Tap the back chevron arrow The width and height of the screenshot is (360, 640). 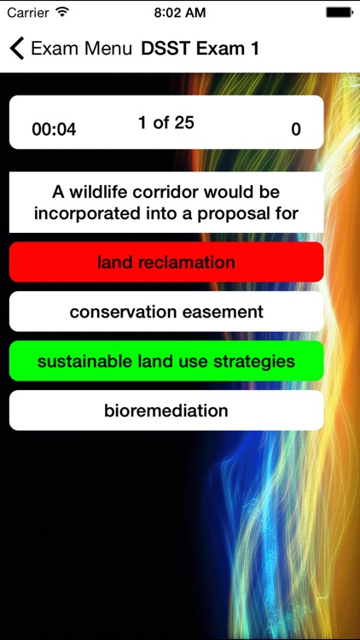click(16, 48)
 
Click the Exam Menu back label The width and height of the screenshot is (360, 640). click(81, 48)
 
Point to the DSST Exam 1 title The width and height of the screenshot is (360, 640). click(200, 48)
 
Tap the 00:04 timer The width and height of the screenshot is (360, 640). click(54, 130)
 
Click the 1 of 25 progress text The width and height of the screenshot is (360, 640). click(166, 123)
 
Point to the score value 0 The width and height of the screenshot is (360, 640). click(296, 130)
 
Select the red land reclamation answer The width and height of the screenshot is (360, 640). click(166, 262)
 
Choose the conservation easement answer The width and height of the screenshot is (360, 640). click(166, 311)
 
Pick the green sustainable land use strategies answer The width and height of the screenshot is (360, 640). click(166, 361)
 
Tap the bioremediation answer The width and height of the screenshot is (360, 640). click(166, 410)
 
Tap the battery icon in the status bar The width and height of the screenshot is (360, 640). click(340, 13)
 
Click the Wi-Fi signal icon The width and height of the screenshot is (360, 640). click(63, 13)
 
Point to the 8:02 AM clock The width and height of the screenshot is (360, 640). click(180, 13)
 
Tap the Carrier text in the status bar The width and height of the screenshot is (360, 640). click(28, 13)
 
